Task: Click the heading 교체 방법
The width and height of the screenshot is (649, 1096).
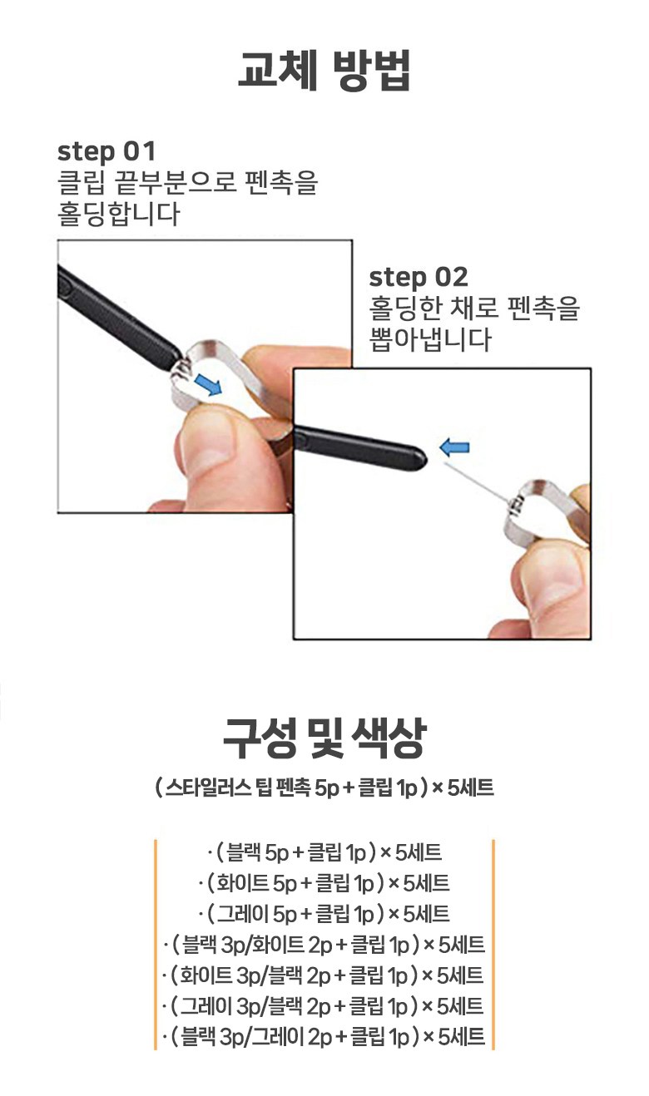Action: point(324,69)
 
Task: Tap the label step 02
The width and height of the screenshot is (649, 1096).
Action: point(419,277)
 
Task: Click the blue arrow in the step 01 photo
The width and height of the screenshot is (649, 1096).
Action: point(208,383)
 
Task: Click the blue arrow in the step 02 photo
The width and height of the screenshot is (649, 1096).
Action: point(454,447)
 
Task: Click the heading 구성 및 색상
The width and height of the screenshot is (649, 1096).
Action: point(324,738)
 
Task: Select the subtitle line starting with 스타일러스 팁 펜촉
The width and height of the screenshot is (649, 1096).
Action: point(324,788)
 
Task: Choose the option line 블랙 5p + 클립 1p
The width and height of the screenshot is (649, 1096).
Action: point(324,853)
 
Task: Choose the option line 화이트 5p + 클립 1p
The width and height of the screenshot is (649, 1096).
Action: point(324,883)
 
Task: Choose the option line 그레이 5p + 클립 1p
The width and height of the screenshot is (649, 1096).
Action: point(324,914)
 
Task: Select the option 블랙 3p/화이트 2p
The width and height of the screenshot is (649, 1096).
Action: point(324,945)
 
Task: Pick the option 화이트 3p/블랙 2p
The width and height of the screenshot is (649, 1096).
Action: point(324,975)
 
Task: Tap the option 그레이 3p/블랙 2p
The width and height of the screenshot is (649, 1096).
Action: point(324,1005)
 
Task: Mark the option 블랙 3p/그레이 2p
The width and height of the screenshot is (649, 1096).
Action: point(324,1036)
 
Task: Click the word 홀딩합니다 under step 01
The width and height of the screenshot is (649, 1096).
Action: point(119,214)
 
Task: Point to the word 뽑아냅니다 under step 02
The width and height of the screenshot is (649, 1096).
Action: point(431,339)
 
